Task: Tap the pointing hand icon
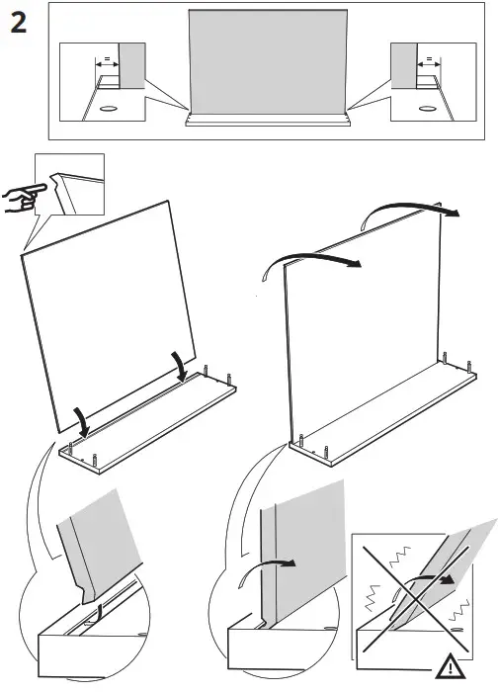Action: [x=20, y=198]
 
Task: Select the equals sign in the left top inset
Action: [x=103, y=60]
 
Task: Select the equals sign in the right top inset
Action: [x=428, y=60]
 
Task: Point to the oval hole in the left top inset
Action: [x=109, y=107]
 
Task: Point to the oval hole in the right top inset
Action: [x=427, y=107]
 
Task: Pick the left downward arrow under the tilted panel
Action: [x=85, y=423]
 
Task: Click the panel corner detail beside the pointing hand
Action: [x=74, y=188]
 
